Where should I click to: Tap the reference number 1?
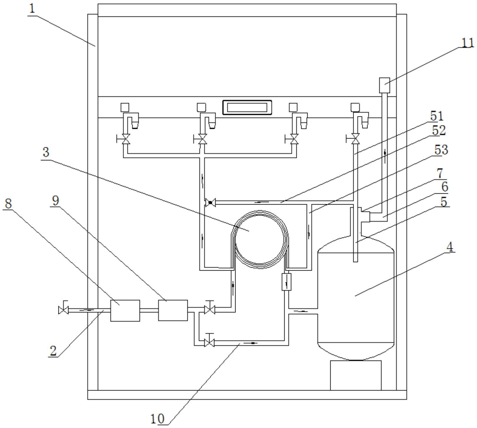pos(32,9)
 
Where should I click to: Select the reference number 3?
pos(46,152)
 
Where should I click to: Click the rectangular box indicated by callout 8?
pos(125,310)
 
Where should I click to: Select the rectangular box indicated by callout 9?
pos(173,310)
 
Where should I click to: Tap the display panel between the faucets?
pos(247,107)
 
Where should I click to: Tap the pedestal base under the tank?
pos(356,375)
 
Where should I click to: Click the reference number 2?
pos(53,350)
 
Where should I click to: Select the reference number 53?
pos(441,150)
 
